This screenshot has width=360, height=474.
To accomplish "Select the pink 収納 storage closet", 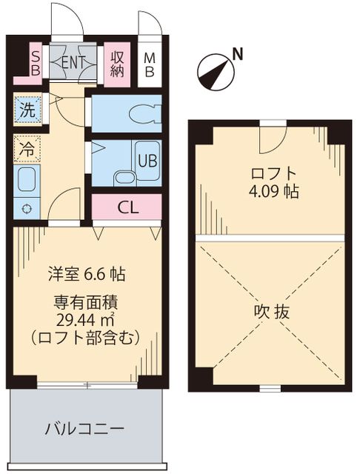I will [117, 62].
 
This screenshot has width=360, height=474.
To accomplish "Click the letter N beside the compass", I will [237, 53].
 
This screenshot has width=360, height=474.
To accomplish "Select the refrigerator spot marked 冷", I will [27, 148].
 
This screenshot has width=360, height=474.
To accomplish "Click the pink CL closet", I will [128, 207].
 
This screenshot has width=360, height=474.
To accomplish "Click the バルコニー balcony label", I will [84, 429].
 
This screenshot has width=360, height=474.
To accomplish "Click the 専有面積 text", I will [87, 302].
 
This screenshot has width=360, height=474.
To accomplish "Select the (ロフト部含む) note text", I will [87, 338].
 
